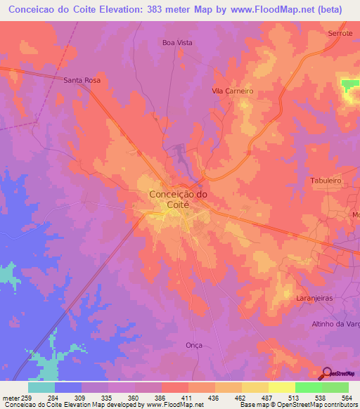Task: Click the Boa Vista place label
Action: pyautogui.click(x=177, y=42)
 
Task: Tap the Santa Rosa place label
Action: pyautogui.click(x=82, y=80)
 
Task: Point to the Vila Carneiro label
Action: pyautogui.click(x=232, y=91)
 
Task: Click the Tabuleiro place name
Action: pyautogui.click(x=326, y=181)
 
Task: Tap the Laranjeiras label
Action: pyautogui.click(x=314, y=298)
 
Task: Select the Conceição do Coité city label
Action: pyautogui.click(x=179, y=199)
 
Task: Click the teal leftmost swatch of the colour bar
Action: pyautogui.click(x=41, y=387)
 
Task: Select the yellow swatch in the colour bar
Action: pyautogui.click(x=281, y=387)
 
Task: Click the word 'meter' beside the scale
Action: pyautogui.click(x=10, y=397)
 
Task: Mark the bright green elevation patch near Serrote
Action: pyautogui.click(x=349, y=84)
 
